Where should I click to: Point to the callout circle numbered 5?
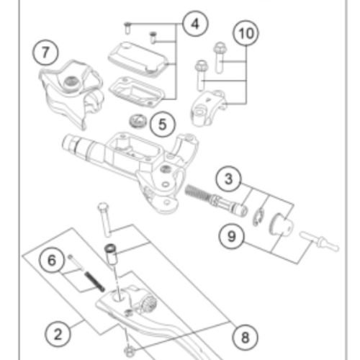[x=162, y=123]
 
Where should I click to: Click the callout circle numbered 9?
[x=229, y=235]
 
